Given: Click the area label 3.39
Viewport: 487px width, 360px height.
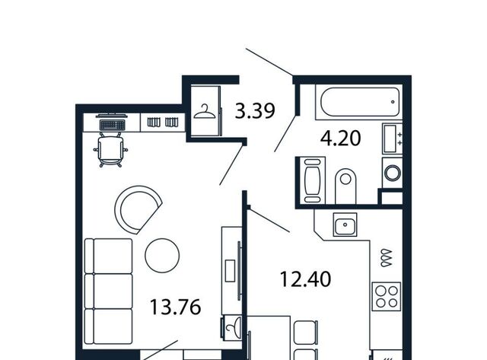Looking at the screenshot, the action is [x=255, y=111].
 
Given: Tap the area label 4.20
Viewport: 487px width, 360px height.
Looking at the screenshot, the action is [x=340, y=139].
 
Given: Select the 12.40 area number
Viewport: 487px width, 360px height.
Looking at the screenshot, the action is [x=305, y=279].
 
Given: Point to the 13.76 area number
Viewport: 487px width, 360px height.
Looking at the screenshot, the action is [x=176, y=307].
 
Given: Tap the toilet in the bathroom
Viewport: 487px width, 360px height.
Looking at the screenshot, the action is [x=345, y=186].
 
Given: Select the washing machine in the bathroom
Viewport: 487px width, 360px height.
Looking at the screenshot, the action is [x=393, y=173].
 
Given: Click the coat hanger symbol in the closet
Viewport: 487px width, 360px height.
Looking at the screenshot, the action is [x=205, y=112].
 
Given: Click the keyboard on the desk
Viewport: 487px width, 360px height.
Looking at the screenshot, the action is [x=112, y=125].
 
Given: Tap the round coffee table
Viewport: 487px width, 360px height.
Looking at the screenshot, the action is [x=162, y=255].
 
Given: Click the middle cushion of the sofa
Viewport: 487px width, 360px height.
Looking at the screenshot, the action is [x=109, y=291].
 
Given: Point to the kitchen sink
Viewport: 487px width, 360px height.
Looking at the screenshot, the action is [x=345, y=225].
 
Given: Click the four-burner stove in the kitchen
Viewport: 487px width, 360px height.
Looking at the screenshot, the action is [x=387, y=296].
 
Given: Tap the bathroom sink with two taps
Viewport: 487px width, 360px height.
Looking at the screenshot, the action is [x=393, y=139].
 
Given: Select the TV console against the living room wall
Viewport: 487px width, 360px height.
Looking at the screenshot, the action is [x=231, y=271].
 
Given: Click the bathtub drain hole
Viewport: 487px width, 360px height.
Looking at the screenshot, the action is [x=393, y=102].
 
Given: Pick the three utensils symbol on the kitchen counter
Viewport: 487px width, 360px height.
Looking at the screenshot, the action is [x=387, y=258].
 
